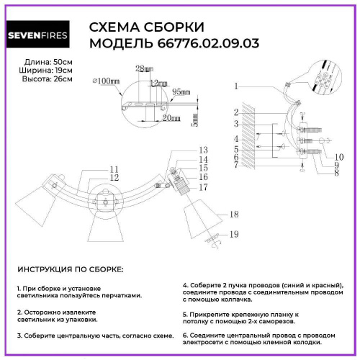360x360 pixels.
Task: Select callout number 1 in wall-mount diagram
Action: [236, 86]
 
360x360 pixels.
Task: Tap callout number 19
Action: [233, 235]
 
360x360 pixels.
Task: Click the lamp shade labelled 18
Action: [202, 214]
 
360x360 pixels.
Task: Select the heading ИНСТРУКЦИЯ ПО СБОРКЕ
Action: [70, 269]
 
